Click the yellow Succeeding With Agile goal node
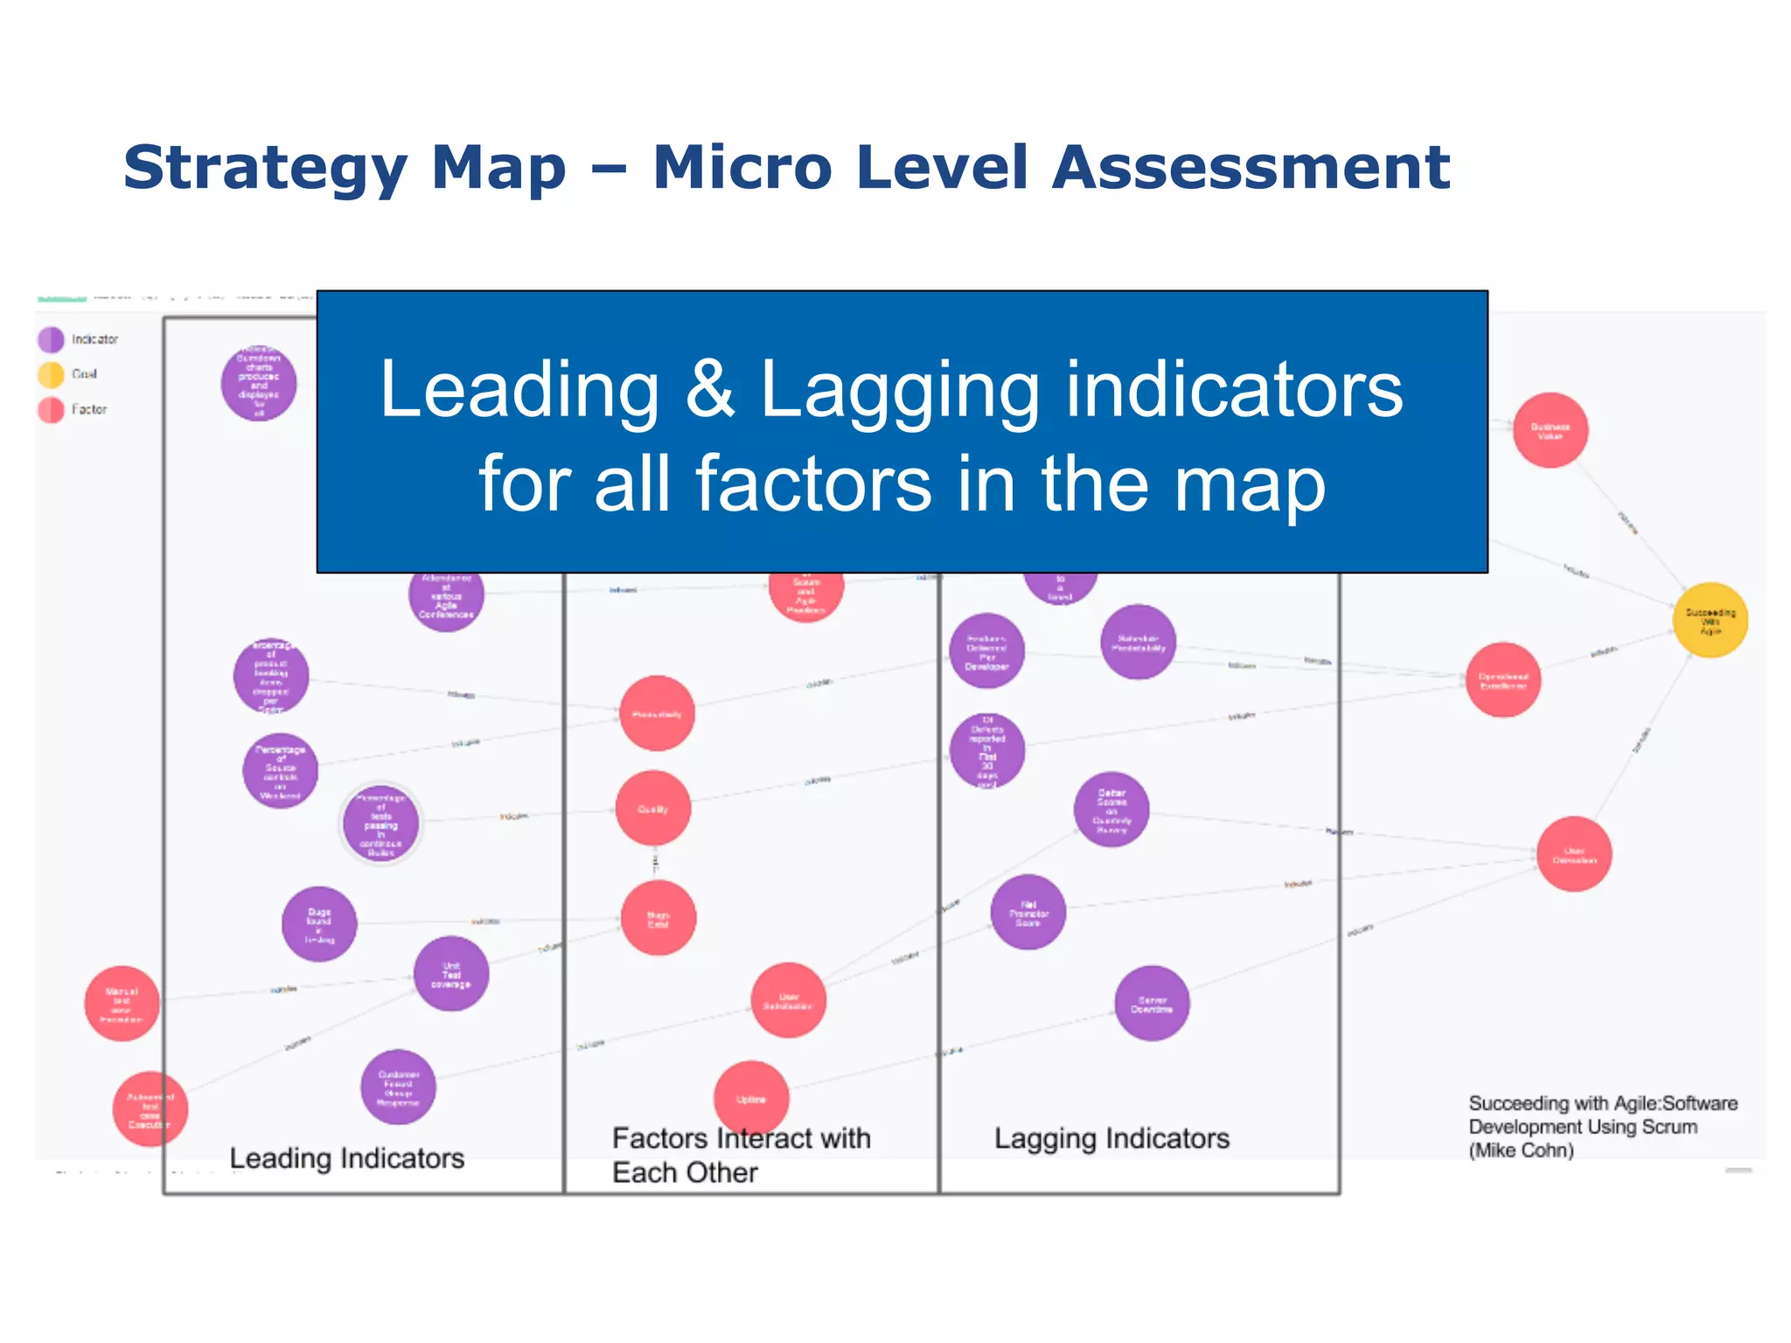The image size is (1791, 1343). [x=1710, y=620]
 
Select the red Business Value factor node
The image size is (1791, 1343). [x=1550, y=430]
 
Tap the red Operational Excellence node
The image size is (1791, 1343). [x=1502, y=680]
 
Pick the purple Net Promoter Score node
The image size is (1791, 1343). [x=1028, y=912]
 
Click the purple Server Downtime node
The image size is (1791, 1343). [x=1152, y=1004]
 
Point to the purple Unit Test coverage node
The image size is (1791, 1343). [x=450, y=974]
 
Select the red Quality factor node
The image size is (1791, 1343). [x=652, y=809]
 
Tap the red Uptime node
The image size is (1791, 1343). [x=751, y=1098]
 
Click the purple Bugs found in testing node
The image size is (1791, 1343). [x=319, y=924]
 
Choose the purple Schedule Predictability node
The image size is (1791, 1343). [x=1138, y=642]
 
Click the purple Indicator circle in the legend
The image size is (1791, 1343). [x=51, y=339]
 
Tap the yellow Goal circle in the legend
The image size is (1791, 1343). [x=51, y=374]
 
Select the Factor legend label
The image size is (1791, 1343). [x=89, y=409]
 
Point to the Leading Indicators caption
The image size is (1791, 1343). [x=346, y=1158]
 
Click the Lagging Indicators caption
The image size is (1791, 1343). [x=1112, y=1138]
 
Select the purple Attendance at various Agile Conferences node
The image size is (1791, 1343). [x=446, y=595]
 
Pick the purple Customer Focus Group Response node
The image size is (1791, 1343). [x=398, y=1088]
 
